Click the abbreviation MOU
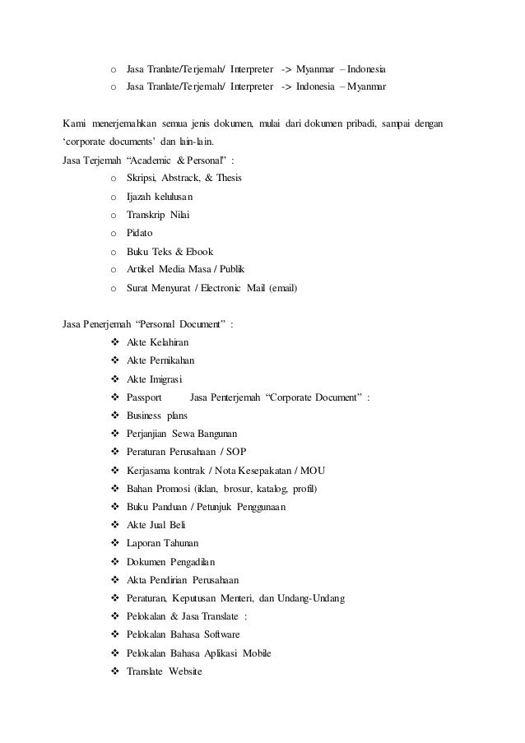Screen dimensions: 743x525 (311, 471)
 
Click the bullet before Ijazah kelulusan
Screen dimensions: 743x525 (112, 197)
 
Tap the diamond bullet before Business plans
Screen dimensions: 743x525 (113, 416)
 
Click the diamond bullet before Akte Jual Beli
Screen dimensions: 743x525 (113, 526)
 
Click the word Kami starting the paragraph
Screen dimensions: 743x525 (76, 123)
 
